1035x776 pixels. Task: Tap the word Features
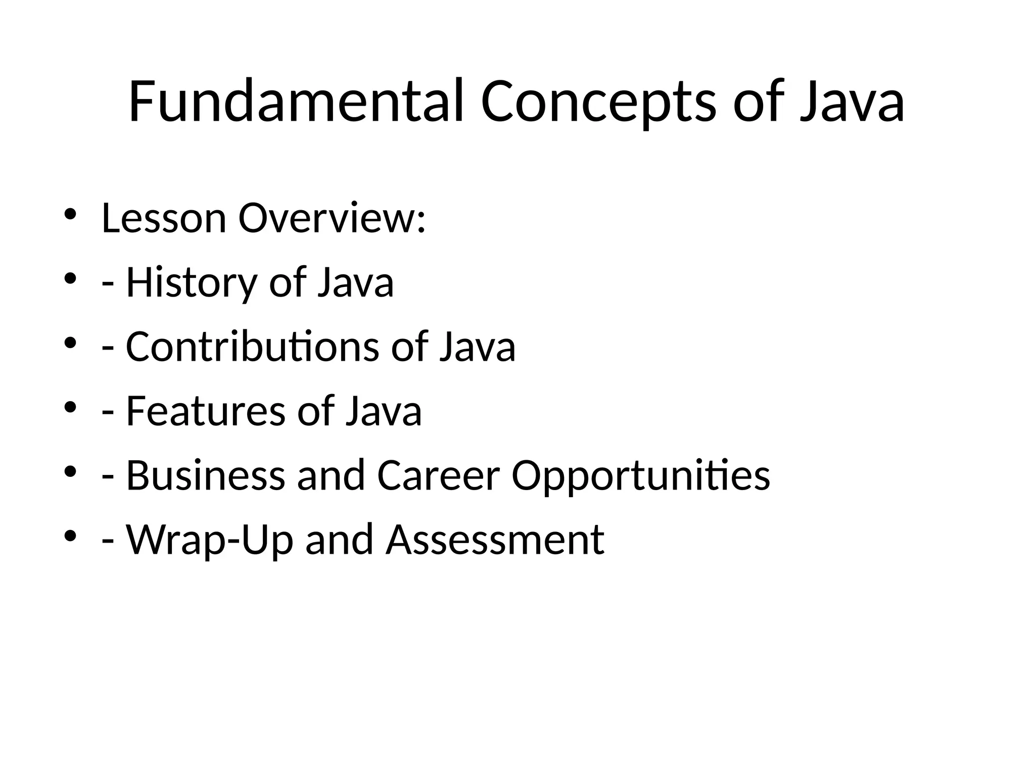[205, 411]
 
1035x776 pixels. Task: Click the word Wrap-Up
[210, 540]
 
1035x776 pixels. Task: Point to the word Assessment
[495, 540]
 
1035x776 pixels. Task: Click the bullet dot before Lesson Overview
[70, 214]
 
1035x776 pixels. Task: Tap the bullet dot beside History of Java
[70, 278]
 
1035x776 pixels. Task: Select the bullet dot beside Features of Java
[70, 407]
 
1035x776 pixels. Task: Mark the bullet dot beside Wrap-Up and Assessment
[70, 535]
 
